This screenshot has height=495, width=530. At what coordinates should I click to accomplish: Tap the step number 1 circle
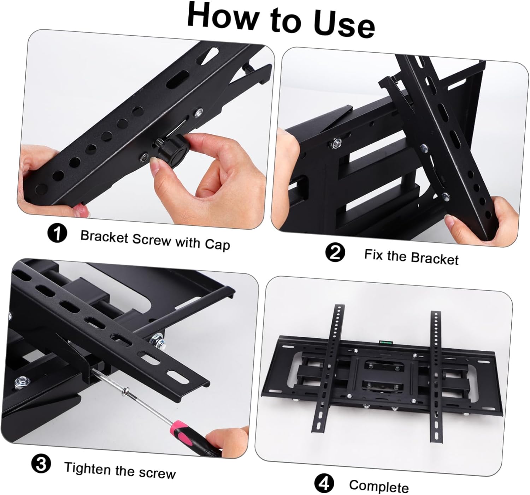(x=57, y=233)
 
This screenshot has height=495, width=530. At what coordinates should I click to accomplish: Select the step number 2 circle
(x=334, y=253)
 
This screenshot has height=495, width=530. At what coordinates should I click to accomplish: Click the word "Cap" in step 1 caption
(x=217, y=244)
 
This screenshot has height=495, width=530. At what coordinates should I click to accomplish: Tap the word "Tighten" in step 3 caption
(x=87, y=468)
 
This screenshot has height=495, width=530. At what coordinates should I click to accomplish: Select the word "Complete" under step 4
(x=379, y=487)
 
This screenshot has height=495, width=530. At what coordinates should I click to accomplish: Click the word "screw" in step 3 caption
(x=158, y=473)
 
